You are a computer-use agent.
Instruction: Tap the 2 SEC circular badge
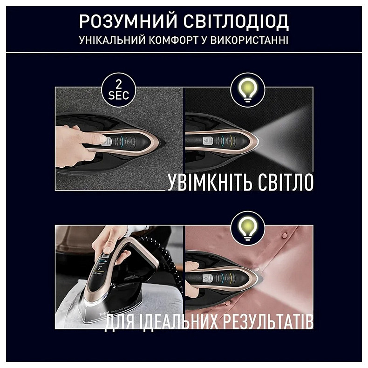coord(119,89)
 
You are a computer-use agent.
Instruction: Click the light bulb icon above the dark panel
coord(248,89)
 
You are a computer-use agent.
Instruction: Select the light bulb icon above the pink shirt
coord(248,227)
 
